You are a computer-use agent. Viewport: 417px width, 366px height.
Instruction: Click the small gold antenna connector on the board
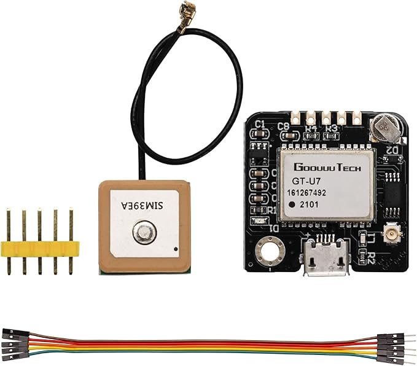point(389,233)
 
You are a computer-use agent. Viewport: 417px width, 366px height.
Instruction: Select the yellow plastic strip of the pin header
point(40,248)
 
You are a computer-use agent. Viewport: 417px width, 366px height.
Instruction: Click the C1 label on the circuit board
point(260,124)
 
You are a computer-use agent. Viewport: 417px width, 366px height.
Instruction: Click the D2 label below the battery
point(392,150)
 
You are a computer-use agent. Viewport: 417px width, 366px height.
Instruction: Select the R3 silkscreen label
point(332,128)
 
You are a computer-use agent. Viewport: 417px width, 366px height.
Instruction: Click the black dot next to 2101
point(294,204)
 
